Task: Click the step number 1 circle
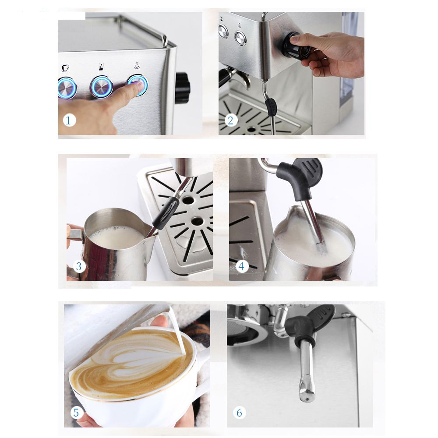pos(69,121)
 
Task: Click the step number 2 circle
pos(230,121)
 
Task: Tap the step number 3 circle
pos(79,266)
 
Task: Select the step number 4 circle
pos(242,266)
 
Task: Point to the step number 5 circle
pos(76,413)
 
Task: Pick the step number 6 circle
pos(240,413)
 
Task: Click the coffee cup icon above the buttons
pos(65,67)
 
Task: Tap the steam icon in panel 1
pos(137,65)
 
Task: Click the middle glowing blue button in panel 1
pos(102,87)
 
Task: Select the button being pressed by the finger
pos(138,85)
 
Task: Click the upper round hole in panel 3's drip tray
pos(188,200)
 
